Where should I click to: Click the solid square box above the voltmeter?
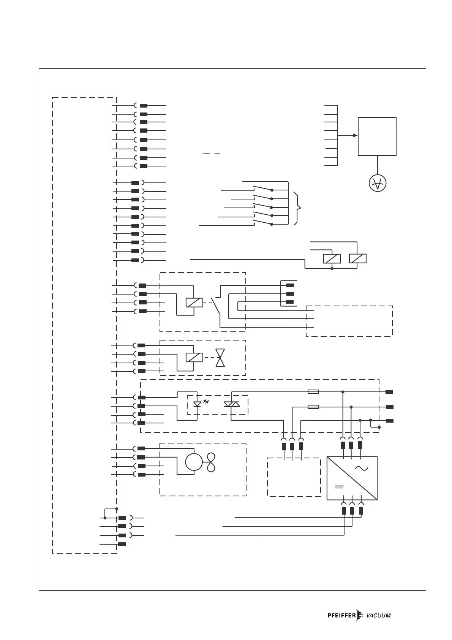(377, 136)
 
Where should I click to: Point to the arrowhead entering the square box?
(355, 135)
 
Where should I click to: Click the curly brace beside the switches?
(298, 208)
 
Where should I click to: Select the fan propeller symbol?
(211, 462)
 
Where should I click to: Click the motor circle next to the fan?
(194, 462)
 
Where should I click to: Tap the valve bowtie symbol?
(220, 358)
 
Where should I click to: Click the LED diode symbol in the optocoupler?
(197, 404)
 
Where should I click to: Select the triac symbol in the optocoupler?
(231, 405)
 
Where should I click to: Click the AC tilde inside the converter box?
(361, 469)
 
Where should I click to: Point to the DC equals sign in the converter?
(339, 486)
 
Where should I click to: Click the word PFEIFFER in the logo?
(341, 615)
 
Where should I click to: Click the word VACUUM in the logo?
(378, 616)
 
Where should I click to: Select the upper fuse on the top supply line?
(313, 391)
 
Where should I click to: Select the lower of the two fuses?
(313, 407)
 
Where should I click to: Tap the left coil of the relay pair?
(332, 258)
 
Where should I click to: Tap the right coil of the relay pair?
(357, 258)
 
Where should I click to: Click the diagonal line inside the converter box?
(352, 478)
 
